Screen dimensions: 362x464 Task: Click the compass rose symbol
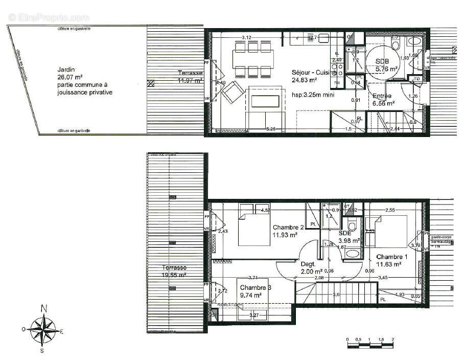(44, 329)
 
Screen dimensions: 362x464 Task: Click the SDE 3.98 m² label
(349, 237)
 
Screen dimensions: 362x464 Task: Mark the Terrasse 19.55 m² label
(174, 271)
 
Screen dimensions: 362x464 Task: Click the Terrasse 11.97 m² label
(190, 77)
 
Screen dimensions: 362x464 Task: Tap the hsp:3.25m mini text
(313, 95)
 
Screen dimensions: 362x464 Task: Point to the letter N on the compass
(44, 308)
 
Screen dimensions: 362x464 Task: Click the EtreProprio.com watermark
(49, 18)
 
